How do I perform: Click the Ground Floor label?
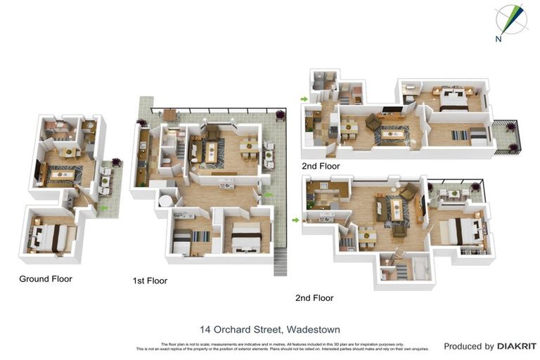pyautogui.click(x=45, y=279)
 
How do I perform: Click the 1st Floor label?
pyautogui.click(x=150, y=281)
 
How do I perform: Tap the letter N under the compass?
pyautogui.click(x=499, y=39)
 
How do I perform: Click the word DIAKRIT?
pyautogui.click(x=517, y=346)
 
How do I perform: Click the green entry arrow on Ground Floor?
pyautogui.click(x=105, y=208)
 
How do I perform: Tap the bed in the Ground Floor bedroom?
pyautogui.click(x=50, y=237)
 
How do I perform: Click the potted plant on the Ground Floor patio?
pyautogui.click(x=116, y=162)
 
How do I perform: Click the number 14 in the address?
pyautogui.click(x=205, y=329)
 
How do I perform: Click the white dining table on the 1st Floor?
pyautogui.click(x=249, y=146)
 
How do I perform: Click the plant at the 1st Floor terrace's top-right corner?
pyautogui.click(x=281, y=114)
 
